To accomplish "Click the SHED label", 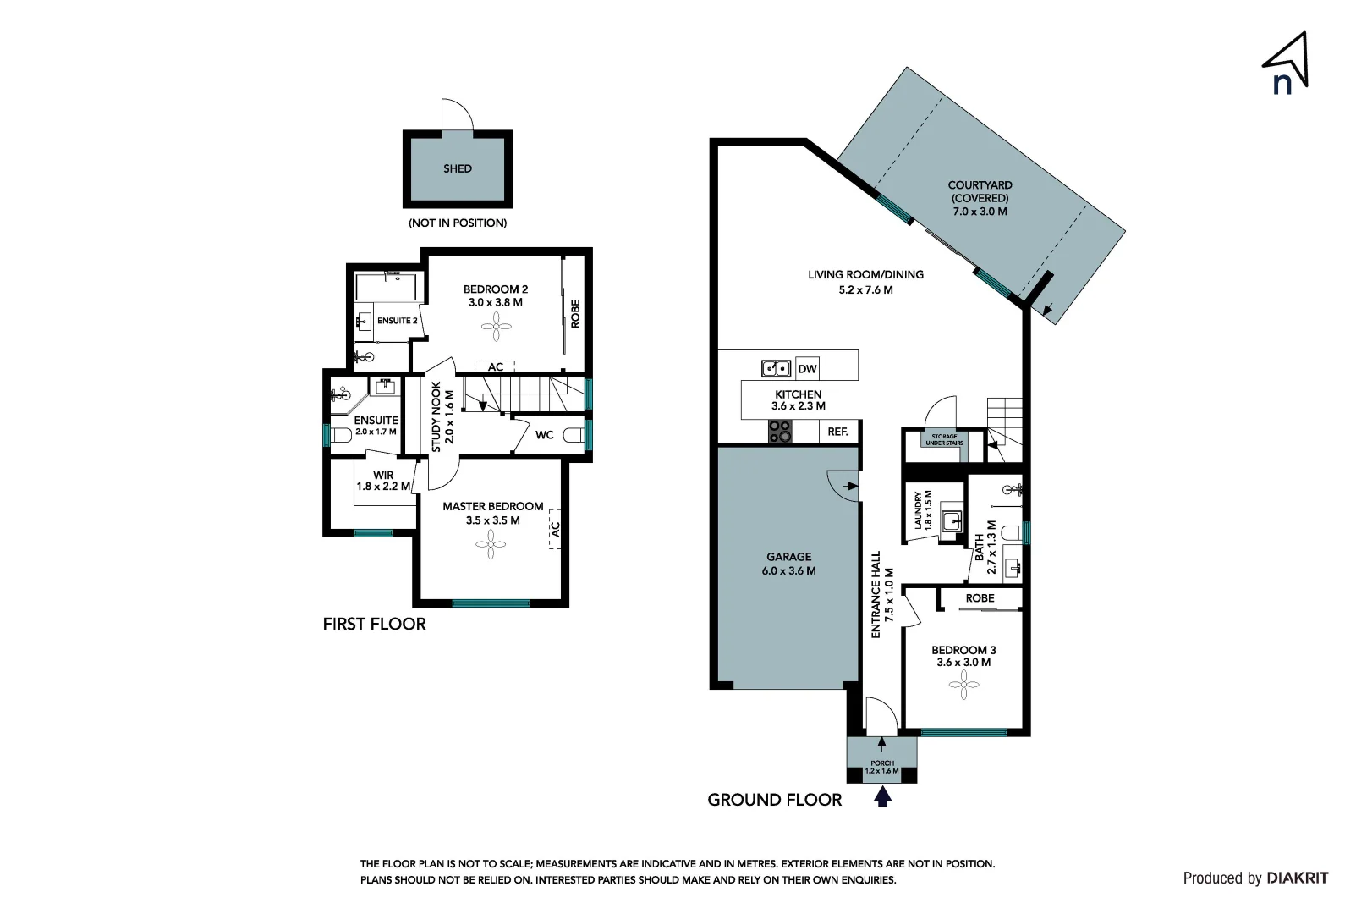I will tap(458, 168).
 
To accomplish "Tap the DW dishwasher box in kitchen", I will tap(807, 368).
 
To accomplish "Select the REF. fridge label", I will tap(837, 432).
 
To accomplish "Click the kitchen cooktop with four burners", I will tap(780, 432).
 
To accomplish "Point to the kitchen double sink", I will tap(776, 368).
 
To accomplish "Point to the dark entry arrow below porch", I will tap(882, 796).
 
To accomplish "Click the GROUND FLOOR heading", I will tap(774, 800).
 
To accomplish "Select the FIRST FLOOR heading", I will tap(374, 624).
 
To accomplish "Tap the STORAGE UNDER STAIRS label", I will tap(944, 440).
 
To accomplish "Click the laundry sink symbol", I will tap(953, 519).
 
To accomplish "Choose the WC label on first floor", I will tap(545, 435).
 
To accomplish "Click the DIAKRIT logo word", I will tap(1298, 878).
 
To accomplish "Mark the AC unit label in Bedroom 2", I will tap(496, 366).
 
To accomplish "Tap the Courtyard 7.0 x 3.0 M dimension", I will tap(980, 212).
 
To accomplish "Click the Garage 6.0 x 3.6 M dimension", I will tap(788, 570).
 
